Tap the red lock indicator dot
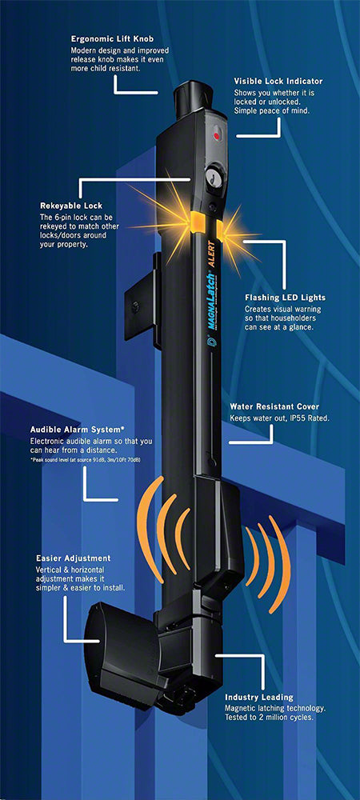pos(216,136)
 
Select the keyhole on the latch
pos(210,177)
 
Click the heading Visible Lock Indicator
pos(278,81)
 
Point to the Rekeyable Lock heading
pos(71,206)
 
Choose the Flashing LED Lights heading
pos(285,298)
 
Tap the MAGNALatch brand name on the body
pos(209,297)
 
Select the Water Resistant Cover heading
pos(274,407)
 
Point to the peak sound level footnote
pos(85,461)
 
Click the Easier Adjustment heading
pos(74,558)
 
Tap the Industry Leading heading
pos(259,697)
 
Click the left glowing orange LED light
pos(196,221)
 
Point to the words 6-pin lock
pos(71,218)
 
